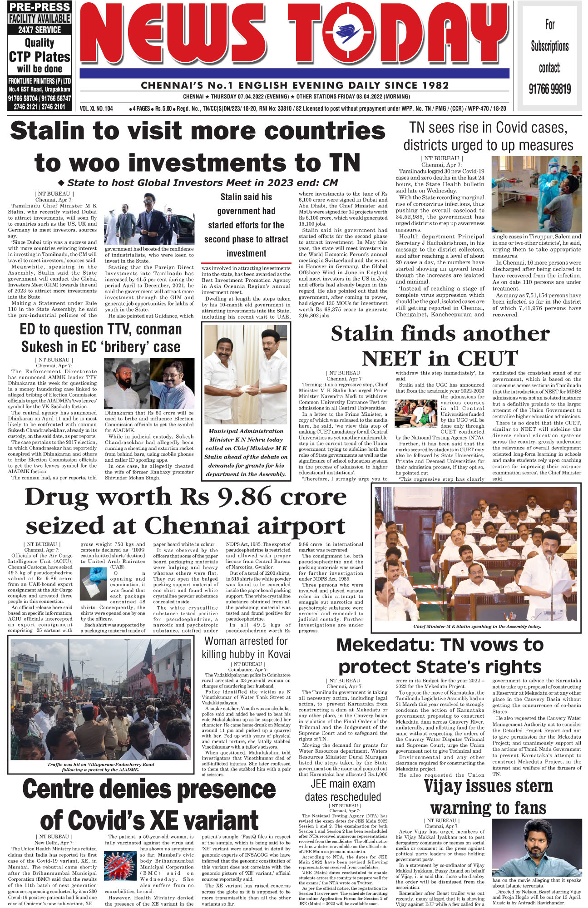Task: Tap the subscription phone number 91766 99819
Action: click(x=550, y=89)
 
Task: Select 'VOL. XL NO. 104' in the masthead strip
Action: click(x=96, y=109)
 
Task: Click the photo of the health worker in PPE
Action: click(x=536, y=194)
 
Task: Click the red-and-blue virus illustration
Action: click(x=120, y=867)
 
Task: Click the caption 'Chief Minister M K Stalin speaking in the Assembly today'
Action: click(x=477, y=627)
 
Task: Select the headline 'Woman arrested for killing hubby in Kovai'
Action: click(x=246, y=647)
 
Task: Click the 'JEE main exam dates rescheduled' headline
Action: click(x=343, y=790)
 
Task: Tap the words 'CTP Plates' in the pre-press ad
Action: click(x=40, y=57)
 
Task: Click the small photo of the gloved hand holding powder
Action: click(x=93, y=583)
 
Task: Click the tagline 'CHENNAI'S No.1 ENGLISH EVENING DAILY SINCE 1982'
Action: click(x=295, y=85)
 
